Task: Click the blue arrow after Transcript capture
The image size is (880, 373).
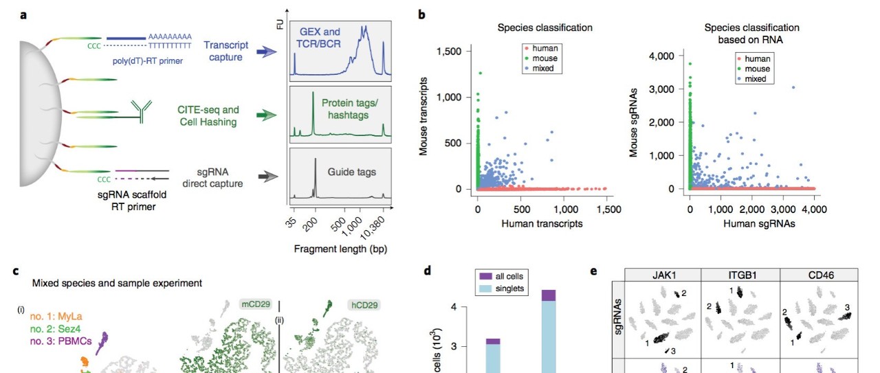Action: pos(267,52)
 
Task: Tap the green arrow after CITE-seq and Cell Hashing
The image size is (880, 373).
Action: pos(267,115)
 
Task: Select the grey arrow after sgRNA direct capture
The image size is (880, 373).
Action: pos(268,177)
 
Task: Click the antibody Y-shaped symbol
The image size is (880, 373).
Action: pos(141,111)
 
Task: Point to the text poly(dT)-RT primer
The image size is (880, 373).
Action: pos(147,61)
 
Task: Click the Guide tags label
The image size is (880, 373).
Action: pos(351,172)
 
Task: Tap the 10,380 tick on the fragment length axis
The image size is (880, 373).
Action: pos(373,228)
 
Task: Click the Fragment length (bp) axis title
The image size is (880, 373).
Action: pos(340,249)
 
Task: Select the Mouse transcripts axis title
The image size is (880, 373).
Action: pos(423,116)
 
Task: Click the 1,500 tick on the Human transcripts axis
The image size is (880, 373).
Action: pos(608,210)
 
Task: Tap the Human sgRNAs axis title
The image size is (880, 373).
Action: pos(759,224)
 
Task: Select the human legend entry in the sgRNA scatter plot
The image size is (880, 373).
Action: pos(753,59)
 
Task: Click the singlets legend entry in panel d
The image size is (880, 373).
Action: pos(502,289)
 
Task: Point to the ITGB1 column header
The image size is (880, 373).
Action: pos(740,275)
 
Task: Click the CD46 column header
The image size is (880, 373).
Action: pos(821,275)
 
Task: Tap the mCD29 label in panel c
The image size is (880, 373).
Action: pos(256,304)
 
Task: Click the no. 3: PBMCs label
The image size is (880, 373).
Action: pos(61,341)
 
